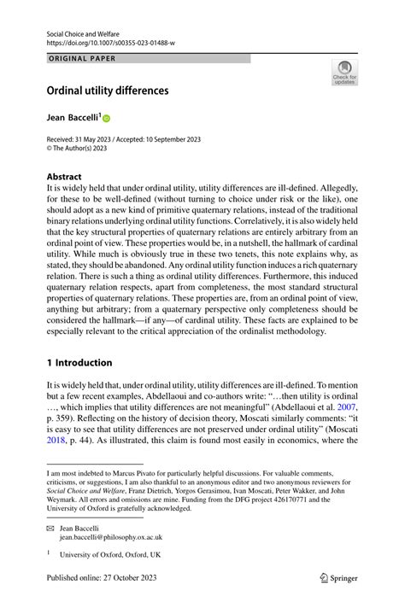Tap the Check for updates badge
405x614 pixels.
click(x=344, y=73)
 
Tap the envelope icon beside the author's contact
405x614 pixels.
click(x=50, y=529)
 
